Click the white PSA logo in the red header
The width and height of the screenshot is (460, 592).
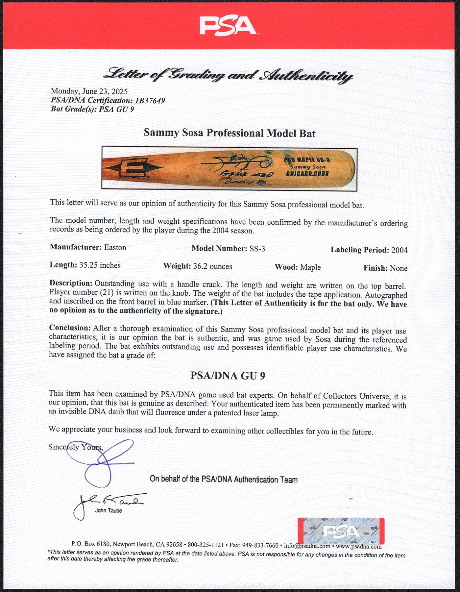click(x=228, y=26)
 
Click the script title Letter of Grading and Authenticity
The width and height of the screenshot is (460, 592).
click(x=228, y=75)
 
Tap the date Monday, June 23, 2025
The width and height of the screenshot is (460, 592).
click(x=89, y=91)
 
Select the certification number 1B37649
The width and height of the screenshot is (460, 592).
click(x=150, y=100)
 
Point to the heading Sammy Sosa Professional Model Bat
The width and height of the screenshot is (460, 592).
click(x=230, y=133)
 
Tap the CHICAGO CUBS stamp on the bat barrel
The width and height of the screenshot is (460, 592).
click(x=307, y=174)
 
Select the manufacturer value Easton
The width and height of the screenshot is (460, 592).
click(x=115, y=247)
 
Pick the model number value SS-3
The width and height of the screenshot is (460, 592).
click(x=257, y=249)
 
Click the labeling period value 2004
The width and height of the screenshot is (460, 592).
click(x=399, y=250)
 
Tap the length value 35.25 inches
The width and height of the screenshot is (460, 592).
click(x=100, y=265)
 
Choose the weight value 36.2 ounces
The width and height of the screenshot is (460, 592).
click(x=212, y=266)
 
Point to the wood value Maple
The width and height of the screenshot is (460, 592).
click(x=310, y=267)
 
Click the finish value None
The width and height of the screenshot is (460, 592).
click(x=399, y=268)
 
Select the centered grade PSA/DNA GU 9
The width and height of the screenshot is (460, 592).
click(x=228, y=376)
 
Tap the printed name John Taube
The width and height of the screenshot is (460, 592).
click(x=109, y=510)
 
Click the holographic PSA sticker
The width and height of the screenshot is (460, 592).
click(x=341, y=531)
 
